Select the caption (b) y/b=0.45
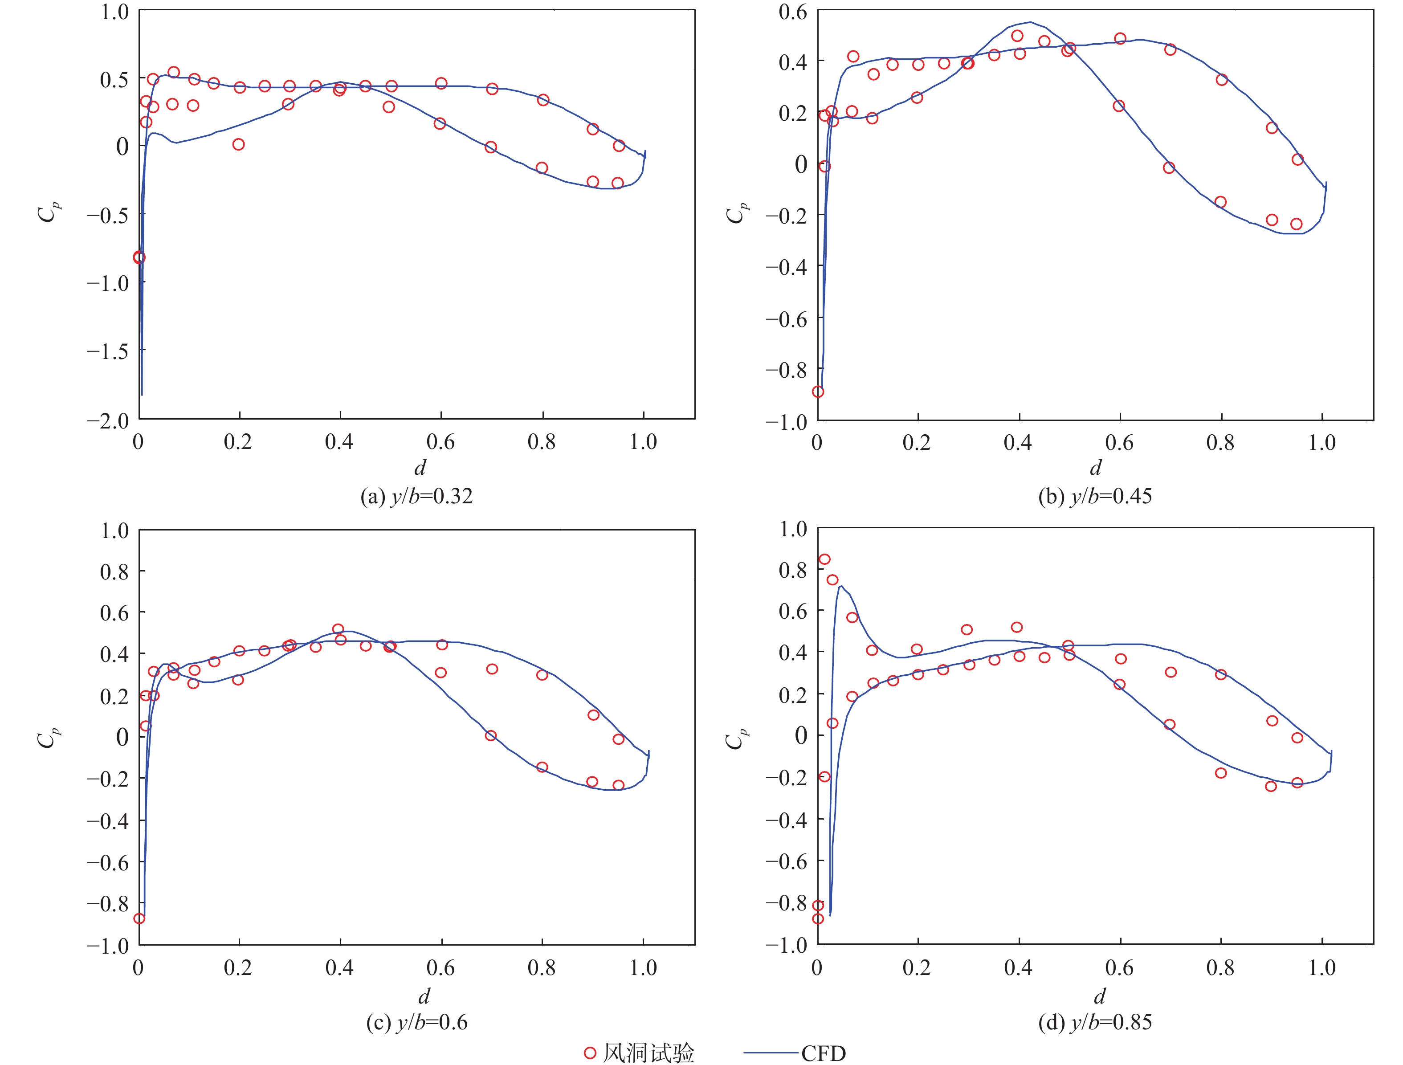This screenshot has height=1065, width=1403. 1095,496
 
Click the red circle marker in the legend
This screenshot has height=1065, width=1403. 590,1053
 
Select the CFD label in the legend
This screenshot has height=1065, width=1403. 823,1053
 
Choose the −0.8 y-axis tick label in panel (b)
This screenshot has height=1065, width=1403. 787,370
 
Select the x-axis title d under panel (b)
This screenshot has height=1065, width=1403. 1095,468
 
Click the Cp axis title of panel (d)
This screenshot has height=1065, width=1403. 736,738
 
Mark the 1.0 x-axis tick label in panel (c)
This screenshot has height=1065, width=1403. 643,968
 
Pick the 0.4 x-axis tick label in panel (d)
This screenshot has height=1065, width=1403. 1018,968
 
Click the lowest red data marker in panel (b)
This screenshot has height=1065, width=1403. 818,392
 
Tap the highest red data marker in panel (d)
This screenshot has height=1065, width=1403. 824,559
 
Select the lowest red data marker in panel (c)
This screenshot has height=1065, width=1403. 139,918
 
